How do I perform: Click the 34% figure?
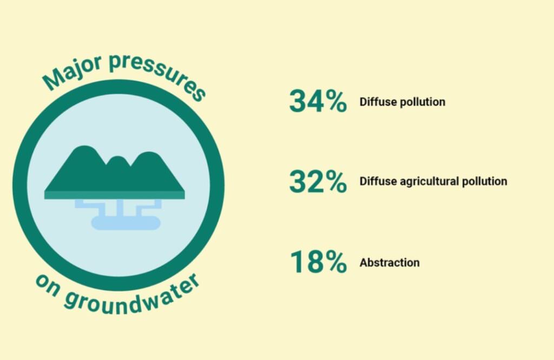tap(318, 101)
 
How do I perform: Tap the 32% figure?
tap(318, 181)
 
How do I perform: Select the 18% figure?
tap(318, 261)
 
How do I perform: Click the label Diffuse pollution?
tap(403, 102)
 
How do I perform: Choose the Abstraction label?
tap(390, 263)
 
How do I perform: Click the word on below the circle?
tap(48, 285)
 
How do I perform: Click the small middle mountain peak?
tap(118, 160)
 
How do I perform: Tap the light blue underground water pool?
tap(126, 223)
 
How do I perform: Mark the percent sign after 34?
tap(336, 101)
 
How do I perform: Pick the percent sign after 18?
tap(336, 261)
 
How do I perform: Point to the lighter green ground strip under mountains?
tap(115, 195)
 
